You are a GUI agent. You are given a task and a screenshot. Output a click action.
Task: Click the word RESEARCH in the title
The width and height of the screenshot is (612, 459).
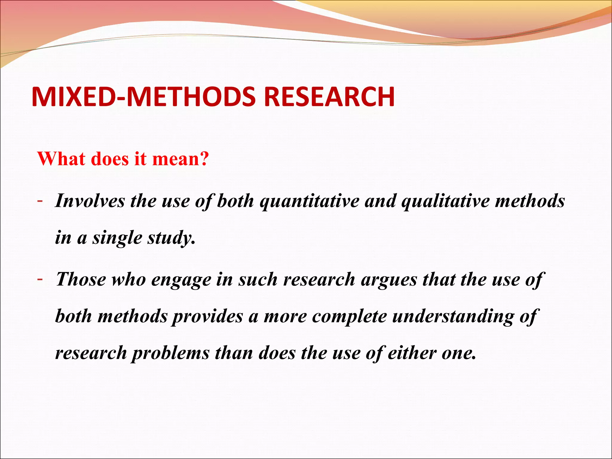click(x=329, y=97)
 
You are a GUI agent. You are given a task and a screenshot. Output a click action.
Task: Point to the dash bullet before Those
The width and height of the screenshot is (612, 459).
click(x=39, y=279)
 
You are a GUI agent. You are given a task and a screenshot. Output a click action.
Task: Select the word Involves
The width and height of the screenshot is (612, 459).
click(x=90, y=201)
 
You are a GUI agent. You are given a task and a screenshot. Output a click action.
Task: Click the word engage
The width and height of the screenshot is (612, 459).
click(x=181, y=280)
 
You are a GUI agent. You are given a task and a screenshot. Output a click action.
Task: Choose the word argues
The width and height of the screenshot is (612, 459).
click(x=389, y=280)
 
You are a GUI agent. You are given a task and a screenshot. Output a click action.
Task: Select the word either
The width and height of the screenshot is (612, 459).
click(x=412, y=353)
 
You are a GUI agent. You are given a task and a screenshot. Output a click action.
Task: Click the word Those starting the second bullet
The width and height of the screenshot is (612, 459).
click(x=81, y=279)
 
